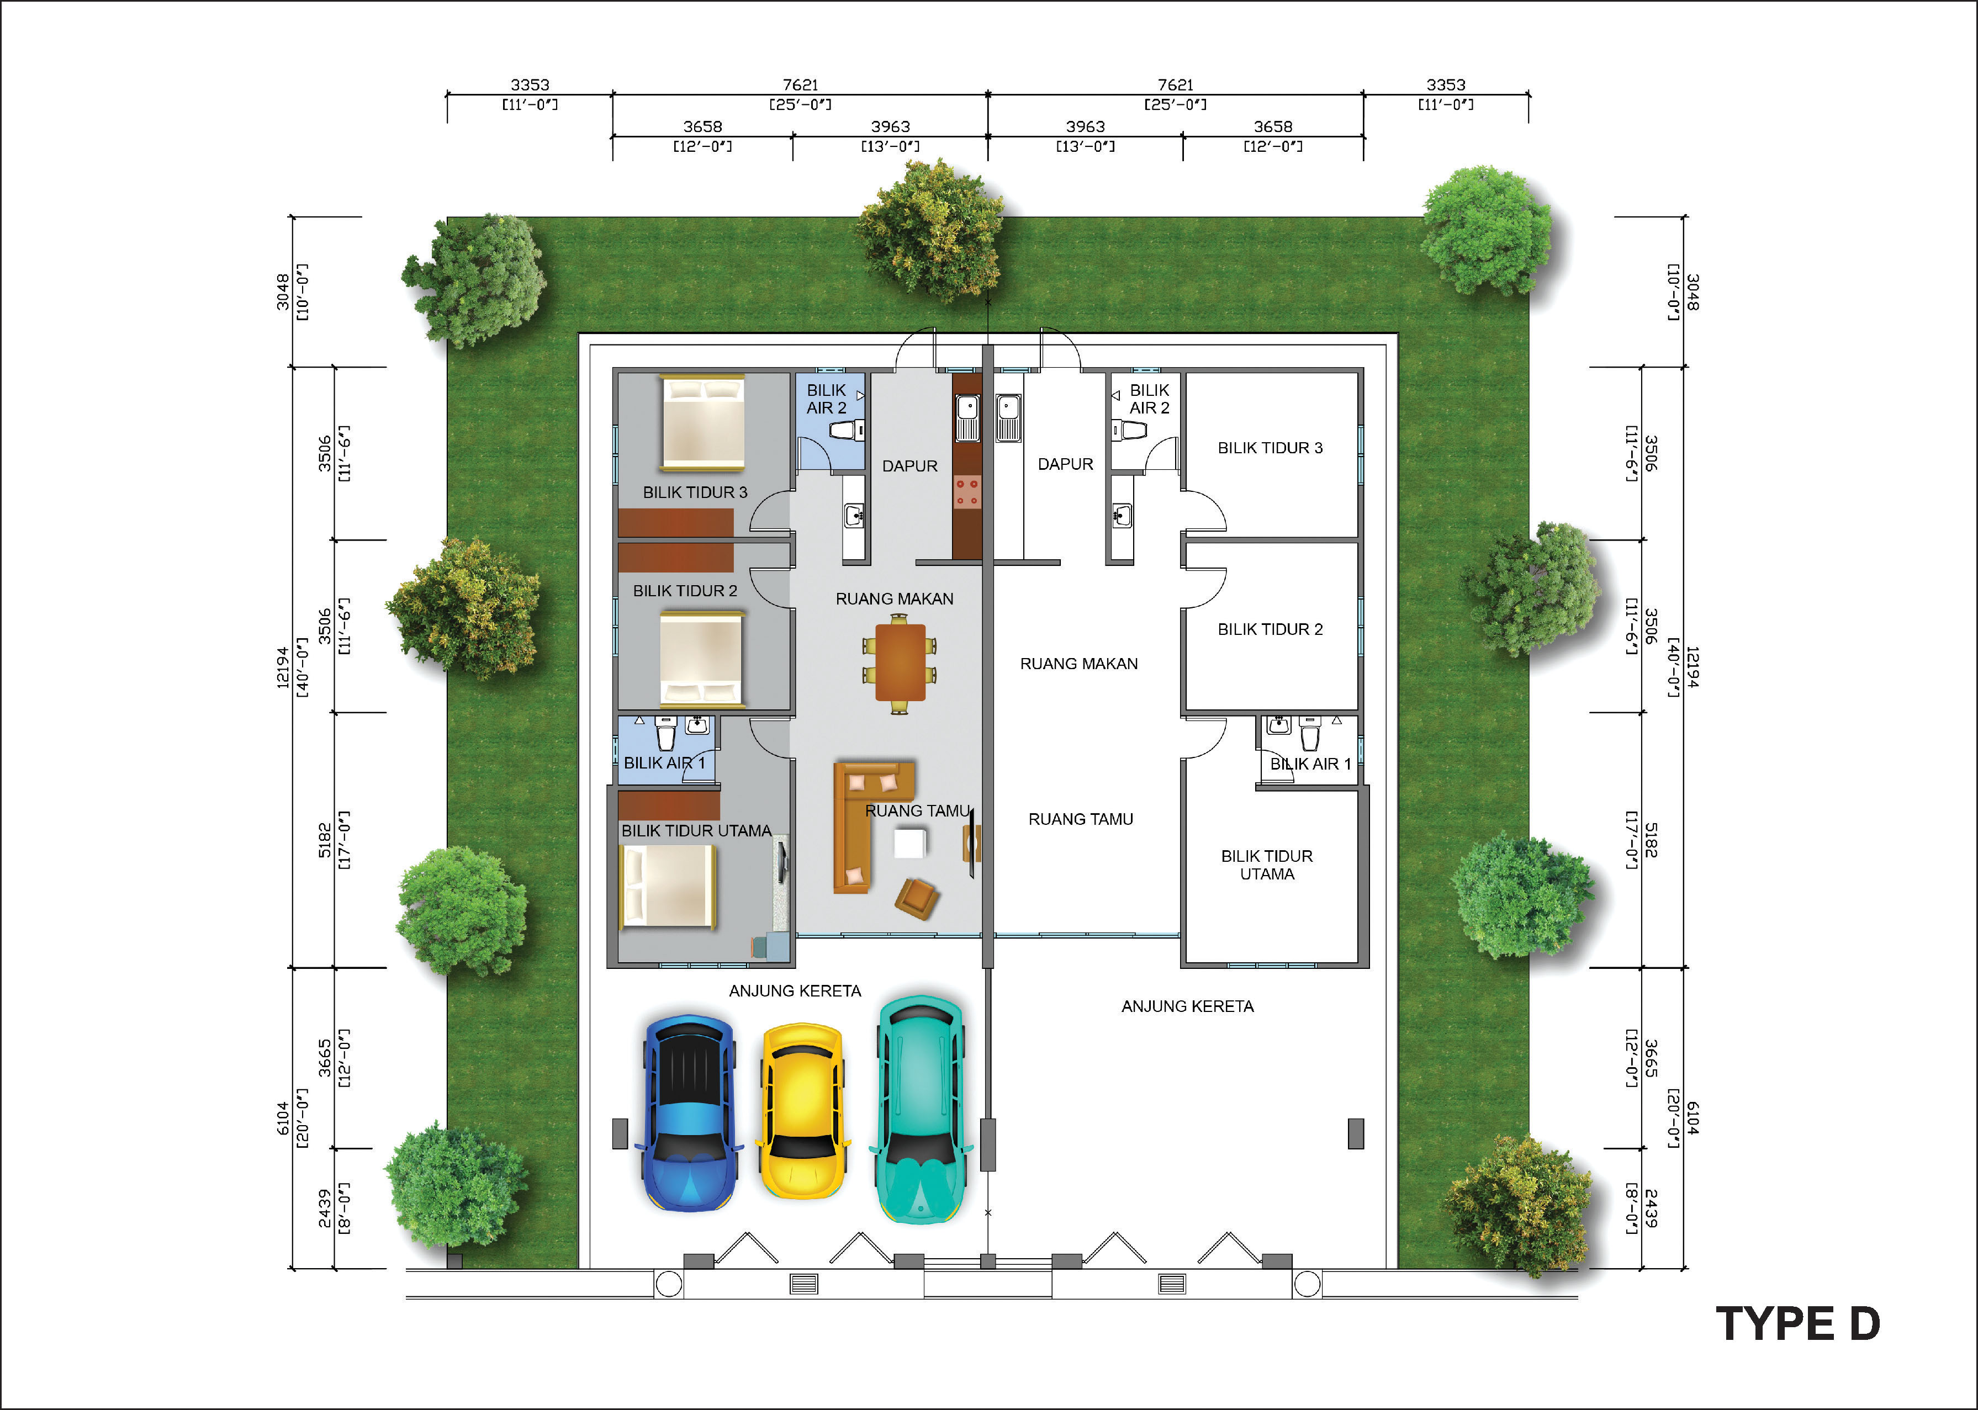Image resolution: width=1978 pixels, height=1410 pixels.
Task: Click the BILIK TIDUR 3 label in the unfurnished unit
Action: pos(1270,448)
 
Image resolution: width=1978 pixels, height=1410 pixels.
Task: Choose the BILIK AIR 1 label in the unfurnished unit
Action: pos(1310,764)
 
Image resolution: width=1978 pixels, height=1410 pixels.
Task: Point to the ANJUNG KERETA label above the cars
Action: pos(795,990)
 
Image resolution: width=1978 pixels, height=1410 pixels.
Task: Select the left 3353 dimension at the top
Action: pos(530,84)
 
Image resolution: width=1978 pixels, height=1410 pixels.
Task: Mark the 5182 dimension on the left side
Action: pos(324,840)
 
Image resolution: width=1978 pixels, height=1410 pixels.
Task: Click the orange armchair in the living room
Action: pos(917,898)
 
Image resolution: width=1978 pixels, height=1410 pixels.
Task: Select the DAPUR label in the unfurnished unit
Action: pos(1065,464)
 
